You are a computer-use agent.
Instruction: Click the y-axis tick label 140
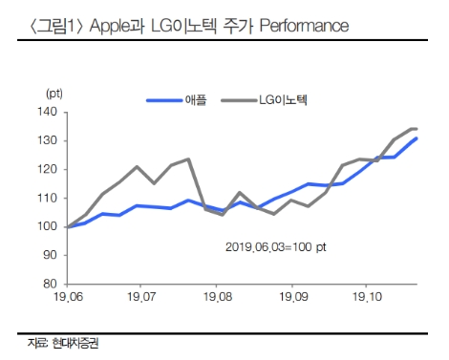pyautogui.click(x=48, y=112)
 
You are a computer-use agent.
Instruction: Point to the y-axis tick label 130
pyautogui.click(x=48, y=140)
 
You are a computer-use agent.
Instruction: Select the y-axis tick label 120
pyautogui.click(x=48, y=169)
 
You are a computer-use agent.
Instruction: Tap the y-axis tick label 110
pyautogui.click(x=48, y=198)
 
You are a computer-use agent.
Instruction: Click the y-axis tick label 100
pyautogui.click(x=48, y=226)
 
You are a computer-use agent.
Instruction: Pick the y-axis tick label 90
pyautogui.click(x=51, y=255)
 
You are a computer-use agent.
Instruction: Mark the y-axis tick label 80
pyautogui.click(x=51, y=284)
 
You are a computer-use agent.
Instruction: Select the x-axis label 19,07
pyautogui.click(x=140, y=299)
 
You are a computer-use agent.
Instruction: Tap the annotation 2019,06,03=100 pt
pyautogui.click(x=277, y=247)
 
